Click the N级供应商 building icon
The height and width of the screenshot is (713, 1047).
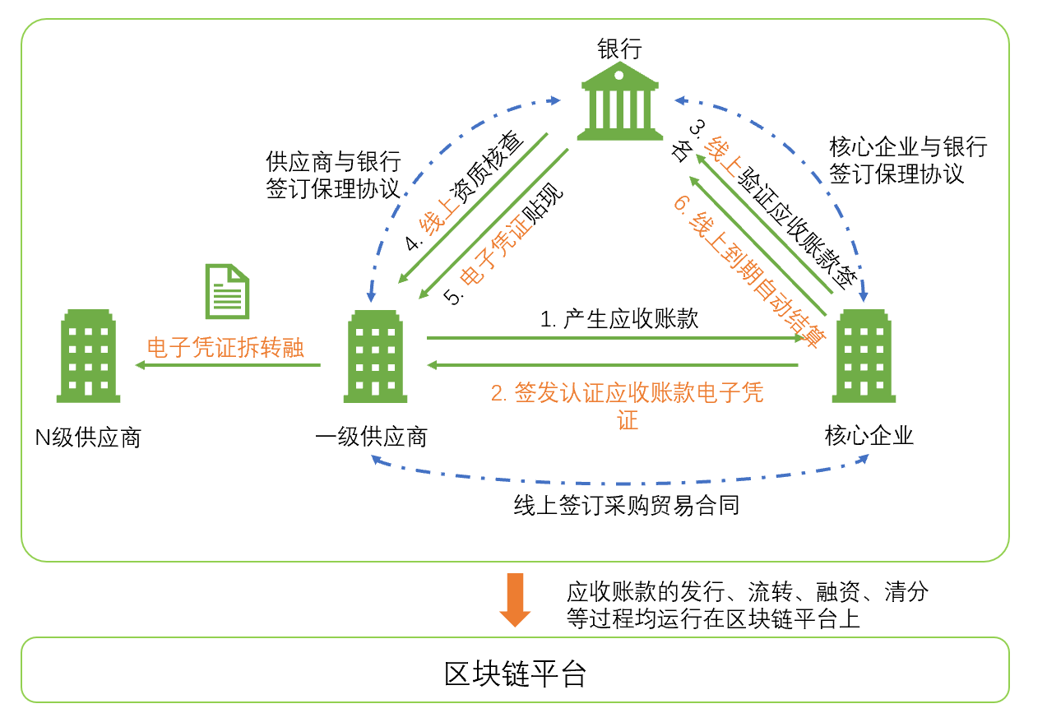[x=89, y=357]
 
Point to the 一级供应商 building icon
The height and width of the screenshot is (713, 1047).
[x=375, y=357]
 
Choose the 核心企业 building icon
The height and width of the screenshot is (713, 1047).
[x=863, y=357]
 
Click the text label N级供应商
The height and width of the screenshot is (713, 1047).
[x=88, y=437]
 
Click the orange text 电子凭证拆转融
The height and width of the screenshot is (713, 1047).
[x=225, y=348]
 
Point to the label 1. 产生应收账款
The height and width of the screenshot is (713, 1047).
[x=619, y=319]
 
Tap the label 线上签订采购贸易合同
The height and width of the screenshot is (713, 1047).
[x=626, y=504]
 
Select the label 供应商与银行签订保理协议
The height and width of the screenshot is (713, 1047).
[x=332, y=174]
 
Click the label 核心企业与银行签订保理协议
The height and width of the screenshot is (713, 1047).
[x=907, y=160]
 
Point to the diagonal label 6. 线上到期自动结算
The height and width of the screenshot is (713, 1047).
[x=748, y=271]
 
